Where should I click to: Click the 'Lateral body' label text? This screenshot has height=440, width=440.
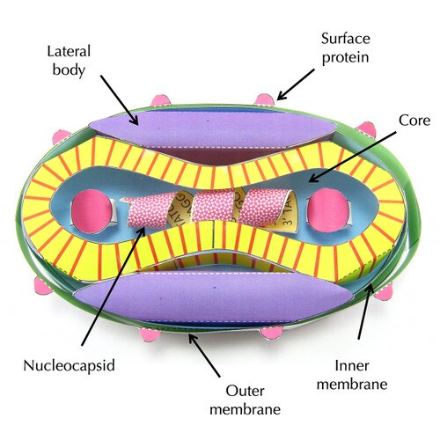tap(69, 61)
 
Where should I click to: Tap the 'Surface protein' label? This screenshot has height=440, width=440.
tap(346, 48)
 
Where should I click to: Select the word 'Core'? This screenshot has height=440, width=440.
tap(414, 121)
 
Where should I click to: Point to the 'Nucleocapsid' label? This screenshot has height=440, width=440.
tap(69, 366)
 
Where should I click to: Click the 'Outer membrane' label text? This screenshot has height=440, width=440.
tap(245, 400)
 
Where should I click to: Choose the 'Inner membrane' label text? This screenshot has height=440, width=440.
tap(352, 375)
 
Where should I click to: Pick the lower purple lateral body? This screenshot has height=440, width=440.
tap(214, 297)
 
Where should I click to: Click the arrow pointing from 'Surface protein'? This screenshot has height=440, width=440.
tap(295, 84)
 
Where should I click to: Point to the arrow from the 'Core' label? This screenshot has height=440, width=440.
tap(352, 157)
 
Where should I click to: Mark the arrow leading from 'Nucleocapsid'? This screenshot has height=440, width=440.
tap(114, 285)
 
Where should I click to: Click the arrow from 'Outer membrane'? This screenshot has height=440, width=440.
tap(204, 356)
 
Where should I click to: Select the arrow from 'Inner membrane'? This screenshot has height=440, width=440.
tap(364, 312)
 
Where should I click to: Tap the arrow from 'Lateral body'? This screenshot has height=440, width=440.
tap(119, 100)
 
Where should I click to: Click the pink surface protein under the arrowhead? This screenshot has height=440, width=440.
tap(265, 99)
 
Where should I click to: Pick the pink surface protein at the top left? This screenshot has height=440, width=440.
tap(160, 100)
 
